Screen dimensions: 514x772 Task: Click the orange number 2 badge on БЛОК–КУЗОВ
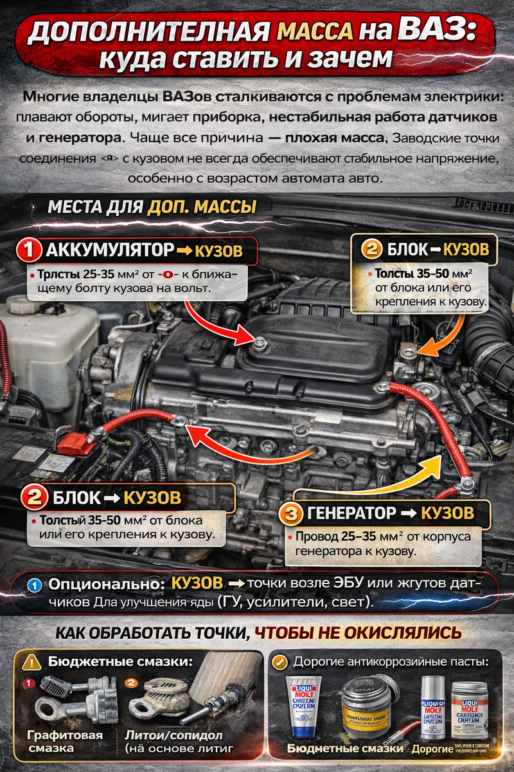click(x=371, y=248)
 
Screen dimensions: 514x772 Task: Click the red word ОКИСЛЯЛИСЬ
click(x=389, y=632)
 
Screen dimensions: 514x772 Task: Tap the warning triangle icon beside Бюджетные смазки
click(x=31, y=661)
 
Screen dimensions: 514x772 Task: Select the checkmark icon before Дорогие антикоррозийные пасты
click(x=281, y=661)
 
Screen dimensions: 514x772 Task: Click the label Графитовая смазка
click(x=56, y=741)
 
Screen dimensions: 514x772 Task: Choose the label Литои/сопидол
click(x=173, y=735)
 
